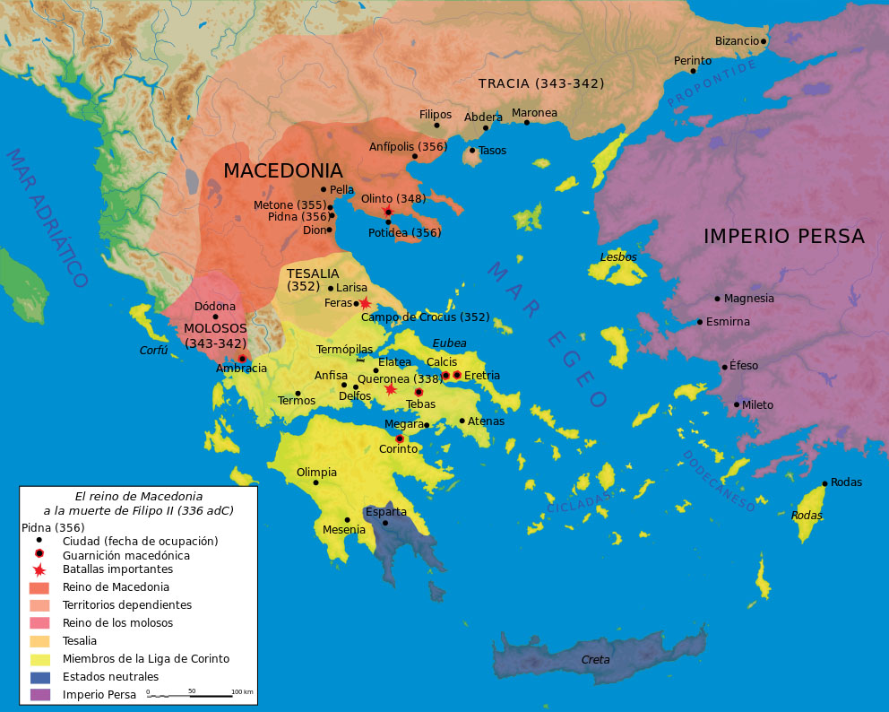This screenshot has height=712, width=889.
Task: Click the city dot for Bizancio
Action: (764, 41)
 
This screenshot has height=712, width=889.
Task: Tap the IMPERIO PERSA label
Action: (783, 236)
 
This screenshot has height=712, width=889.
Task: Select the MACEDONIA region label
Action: (282, 170)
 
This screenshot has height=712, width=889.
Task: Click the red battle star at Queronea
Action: (391, 389)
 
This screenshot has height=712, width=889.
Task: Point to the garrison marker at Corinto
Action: (400, 438)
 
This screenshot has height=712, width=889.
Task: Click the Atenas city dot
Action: (462, 421)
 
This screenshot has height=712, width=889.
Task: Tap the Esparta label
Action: (385, 512)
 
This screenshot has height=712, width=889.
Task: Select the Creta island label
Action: (595, 659)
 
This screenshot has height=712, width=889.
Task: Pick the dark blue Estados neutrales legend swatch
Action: (40, 677)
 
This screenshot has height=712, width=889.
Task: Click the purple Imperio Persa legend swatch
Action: (40, 694)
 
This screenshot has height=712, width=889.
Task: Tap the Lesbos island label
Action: (617, 256)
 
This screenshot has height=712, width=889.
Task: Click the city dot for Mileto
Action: (737, 404)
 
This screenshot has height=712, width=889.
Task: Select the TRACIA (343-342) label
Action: (540, 83)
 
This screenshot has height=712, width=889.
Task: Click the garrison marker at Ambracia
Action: (242, 359)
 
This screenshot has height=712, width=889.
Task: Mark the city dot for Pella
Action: (324, 189)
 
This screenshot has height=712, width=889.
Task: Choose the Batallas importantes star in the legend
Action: (39, 569)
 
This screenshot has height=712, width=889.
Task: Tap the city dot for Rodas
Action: (824, 483)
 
